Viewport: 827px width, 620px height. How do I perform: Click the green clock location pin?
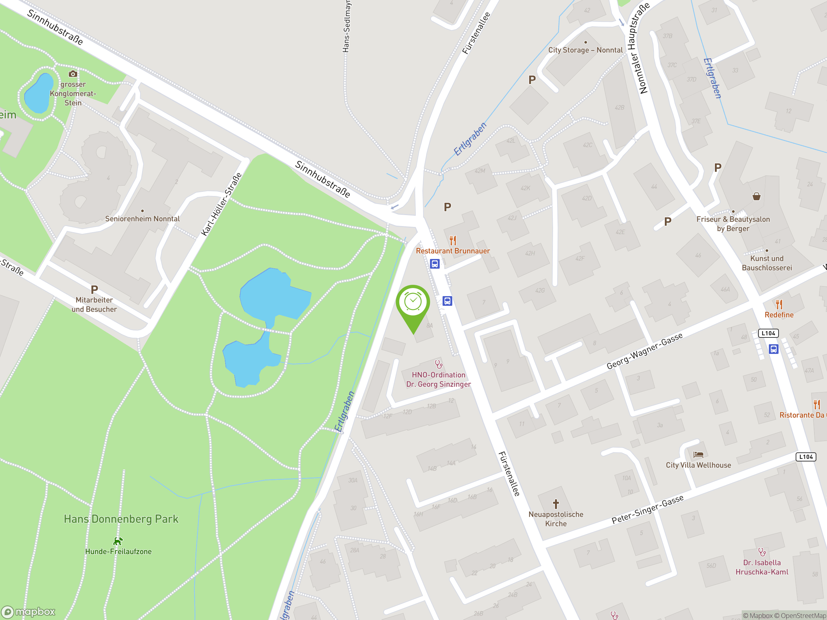(x=413, y=303)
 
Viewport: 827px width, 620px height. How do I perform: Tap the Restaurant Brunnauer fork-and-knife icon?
(x=453, y=240)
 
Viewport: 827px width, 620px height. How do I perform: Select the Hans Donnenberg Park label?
(x=121, y=519)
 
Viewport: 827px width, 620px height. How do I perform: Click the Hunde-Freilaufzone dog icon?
(x=118, y=541)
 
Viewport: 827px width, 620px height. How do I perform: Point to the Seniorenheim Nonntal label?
(x=142, y=219)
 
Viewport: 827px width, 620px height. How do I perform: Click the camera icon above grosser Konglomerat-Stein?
(x=73, y=74)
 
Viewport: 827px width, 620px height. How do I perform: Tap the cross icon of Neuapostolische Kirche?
(x=556, y=504)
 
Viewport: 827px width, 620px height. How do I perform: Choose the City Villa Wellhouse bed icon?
(x=698, y=455)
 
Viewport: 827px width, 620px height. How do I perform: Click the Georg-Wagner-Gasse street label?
(x=644, y=351)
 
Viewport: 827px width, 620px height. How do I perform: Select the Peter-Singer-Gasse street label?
(x=647, y=509)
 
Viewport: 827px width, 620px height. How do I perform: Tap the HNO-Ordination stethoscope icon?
(x=439, y=364)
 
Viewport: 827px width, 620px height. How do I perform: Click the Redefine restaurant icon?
(x=779, y=304)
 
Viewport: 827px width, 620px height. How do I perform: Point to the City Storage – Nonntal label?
(x=585, y=50)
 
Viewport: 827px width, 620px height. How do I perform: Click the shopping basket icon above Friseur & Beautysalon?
(x=756, y=197)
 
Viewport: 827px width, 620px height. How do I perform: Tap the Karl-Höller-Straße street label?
(x=221, y=204)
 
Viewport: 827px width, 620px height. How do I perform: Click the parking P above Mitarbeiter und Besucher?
(x=94, y=290)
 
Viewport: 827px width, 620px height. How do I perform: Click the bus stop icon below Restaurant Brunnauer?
(x=434, y=264)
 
